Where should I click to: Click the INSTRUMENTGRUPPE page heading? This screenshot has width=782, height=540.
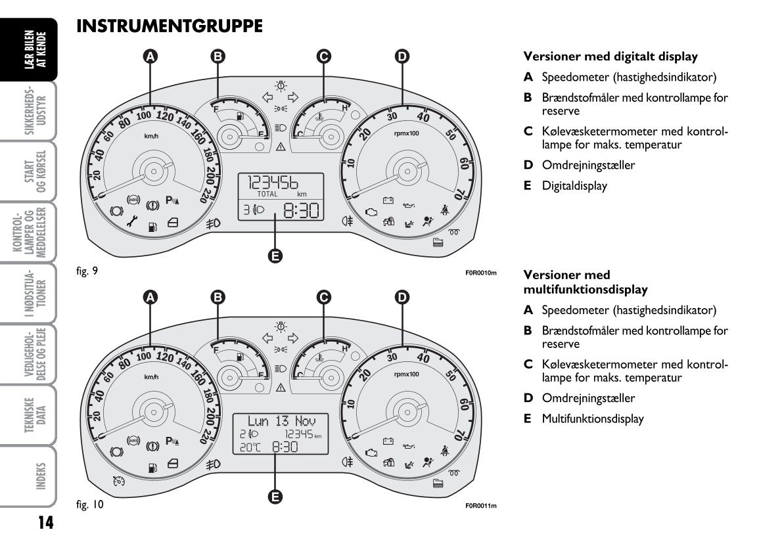170,26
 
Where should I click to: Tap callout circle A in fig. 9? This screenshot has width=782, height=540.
151,56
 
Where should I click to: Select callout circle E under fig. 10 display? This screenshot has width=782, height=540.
276,497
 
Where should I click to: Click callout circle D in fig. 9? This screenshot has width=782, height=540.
402,56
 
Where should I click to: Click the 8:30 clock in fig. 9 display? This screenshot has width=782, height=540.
301,210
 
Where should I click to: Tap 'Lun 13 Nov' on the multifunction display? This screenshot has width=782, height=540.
281,420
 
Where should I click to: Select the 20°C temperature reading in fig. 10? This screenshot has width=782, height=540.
250,447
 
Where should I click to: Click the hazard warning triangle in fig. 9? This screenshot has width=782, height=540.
281,146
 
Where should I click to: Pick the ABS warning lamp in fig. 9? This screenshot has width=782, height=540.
134,199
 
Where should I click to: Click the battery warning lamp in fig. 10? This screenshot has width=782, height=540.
388,440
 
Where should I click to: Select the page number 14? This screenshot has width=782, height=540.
45,523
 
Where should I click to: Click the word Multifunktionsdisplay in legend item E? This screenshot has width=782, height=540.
593,418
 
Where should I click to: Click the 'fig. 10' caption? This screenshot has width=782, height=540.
90,505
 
